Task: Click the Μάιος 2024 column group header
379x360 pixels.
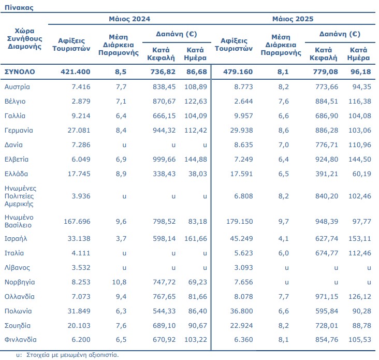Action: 129,19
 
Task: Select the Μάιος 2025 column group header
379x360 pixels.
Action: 293,19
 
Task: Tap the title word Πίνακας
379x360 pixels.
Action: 19,7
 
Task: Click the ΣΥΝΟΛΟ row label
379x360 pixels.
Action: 20,72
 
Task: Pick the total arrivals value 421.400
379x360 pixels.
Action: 76,72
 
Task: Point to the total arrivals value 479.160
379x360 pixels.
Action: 238,72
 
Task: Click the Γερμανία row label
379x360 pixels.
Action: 19,131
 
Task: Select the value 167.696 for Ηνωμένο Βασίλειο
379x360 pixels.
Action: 77,222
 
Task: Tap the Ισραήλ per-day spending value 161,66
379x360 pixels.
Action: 196,239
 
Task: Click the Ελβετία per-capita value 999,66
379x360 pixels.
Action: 164,160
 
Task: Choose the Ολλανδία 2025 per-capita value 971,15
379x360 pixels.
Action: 327,297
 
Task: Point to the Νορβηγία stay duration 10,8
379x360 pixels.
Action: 119,282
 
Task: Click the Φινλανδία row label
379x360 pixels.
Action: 21,340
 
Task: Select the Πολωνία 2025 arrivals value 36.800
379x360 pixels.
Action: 241,311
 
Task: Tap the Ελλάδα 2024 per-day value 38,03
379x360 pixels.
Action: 198,174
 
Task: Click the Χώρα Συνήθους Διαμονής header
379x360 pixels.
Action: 24,39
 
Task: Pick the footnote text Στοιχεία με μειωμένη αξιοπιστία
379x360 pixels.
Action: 72,355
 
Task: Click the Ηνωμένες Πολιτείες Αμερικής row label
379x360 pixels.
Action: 20,196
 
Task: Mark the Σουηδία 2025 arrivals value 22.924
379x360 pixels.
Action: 241,326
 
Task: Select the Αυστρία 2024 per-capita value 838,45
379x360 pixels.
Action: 164,87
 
